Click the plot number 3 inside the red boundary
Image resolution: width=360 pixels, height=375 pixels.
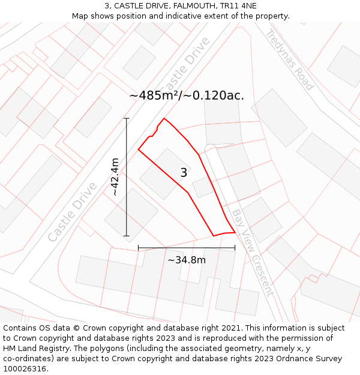[x=184, y=173]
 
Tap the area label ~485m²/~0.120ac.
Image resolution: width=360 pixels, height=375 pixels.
[x=187, y=95]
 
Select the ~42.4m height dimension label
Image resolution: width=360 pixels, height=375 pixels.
[x=115, y=177]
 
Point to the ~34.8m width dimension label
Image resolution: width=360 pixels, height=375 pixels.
[x=186, y=260]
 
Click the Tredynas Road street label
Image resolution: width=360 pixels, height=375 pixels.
[x=290, y=60]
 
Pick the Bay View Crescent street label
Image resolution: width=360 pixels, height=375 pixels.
[x=253, y=252]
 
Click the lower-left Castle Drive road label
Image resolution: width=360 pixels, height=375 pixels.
[x=72, y=212]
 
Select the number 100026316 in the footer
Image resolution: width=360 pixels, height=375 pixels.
[x=25, y=369]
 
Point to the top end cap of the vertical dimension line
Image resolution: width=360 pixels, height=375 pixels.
[x=127, y=119]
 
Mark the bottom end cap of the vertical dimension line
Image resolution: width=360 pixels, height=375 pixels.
[x=127, y=236]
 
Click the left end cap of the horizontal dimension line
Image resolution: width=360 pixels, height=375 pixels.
[x=139, y=247]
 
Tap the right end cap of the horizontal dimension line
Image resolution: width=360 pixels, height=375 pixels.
[x=235, y=247]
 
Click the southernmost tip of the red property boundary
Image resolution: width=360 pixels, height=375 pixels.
[x=214, y=236]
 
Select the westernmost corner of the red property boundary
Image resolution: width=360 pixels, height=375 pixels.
[x=139, y=149]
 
